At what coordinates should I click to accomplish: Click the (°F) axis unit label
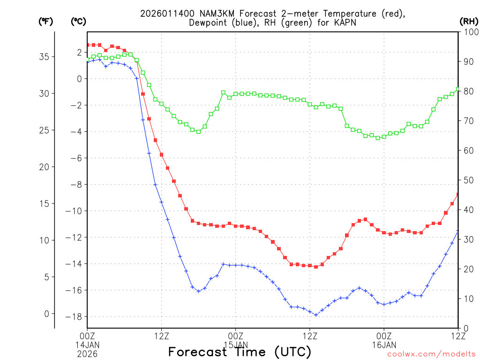coord(46,22)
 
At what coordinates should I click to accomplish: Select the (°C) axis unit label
coord(78,22)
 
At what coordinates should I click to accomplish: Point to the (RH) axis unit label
coord(469,22)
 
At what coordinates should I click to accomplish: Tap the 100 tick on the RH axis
coord(470,32)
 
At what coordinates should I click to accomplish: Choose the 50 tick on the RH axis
coord(468,180)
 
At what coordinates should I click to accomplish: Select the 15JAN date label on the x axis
coord(235,345)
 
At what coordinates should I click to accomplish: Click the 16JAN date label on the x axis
coord(384,345)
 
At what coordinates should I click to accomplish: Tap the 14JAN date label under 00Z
coord(87,345)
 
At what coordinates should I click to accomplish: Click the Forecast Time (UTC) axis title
coord(240,352)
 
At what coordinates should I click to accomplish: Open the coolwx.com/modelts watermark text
coord(431,354)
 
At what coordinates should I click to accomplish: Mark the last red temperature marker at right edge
coord(458,194)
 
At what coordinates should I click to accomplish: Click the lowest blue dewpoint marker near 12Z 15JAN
coord(316,315)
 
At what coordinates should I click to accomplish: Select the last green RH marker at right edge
coord(458,89)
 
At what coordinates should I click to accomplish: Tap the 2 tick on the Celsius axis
coord(79,52)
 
